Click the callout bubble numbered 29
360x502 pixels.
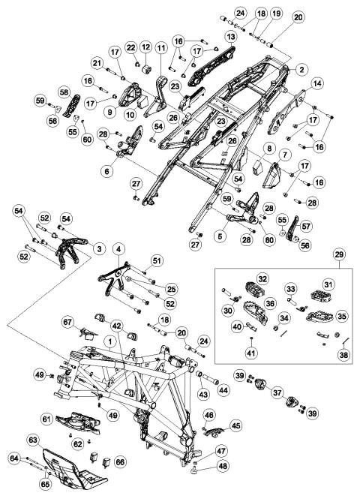tap(339, 255)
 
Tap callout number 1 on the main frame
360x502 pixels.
tap(109, 342)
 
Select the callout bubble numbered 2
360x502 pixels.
tap(301, 69)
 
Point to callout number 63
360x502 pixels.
tap(33, 440)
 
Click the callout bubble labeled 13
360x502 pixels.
tap(231, 37)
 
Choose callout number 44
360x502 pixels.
tap(223, 390)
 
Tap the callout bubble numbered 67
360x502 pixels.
tap(67, 322)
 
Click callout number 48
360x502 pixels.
tap(223, 466)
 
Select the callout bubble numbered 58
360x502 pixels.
tap(64, 92)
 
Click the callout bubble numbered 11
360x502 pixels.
tap(161, 48)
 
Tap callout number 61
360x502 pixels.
tap(47, 419)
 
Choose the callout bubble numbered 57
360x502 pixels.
tap(306, 227)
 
